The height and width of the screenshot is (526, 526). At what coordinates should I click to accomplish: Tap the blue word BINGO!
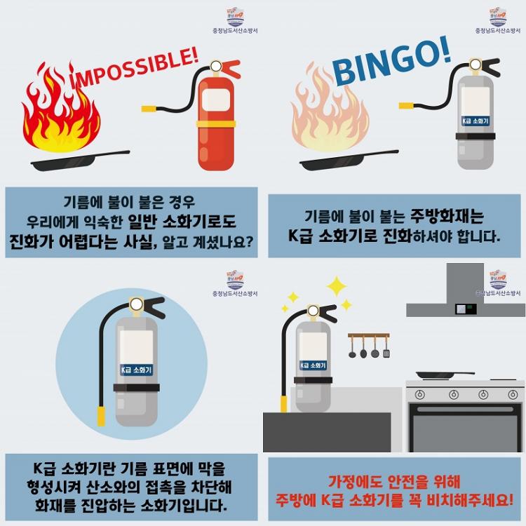pos(391,60)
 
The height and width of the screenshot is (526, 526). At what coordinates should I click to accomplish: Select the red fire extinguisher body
pos(216,123)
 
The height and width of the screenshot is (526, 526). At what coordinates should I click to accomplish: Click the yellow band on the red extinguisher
pos(216,123)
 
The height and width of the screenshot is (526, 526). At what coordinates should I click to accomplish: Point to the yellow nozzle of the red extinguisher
pos(148,108)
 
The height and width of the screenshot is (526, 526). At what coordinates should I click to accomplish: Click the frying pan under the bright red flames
pos(80,161)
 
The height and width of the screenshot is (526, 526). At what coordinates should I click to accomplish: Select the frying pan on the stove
pos(445,375)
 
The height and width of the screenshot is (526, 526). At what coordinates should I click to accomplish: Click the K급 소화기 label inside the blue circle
pos(136,370)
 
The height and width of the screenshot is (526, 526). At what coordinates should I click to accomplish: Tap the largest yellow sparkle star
pos(337,286)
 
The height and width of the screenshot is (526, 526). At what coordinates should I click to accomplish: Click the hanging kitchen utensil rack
pos(369,345)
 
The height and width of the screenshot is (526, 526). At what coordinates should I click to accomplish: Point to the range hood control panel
pos(466,309)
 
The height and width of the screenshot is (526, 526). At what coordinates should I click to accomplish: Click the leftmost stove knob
pos(419,394)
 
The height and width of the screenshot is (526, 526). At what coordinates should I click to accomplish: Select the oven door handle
pos(465,410)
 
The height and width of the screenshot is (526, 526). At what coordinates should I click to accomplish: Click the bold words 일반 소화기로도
pos(182,222)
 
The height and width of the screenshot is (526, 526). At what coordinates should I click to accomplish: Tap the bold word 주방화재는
pos(447,216)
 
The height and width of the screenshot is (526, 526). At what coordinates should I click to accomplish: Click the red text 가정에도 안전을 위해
pos(394,482)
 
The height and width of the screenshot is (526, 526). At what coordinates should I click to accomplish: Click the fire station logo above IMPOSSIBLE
pos(235,17)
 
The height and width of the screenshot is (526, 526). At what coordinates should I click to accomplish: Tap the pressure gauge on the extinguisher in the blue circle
pos(137,304)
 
